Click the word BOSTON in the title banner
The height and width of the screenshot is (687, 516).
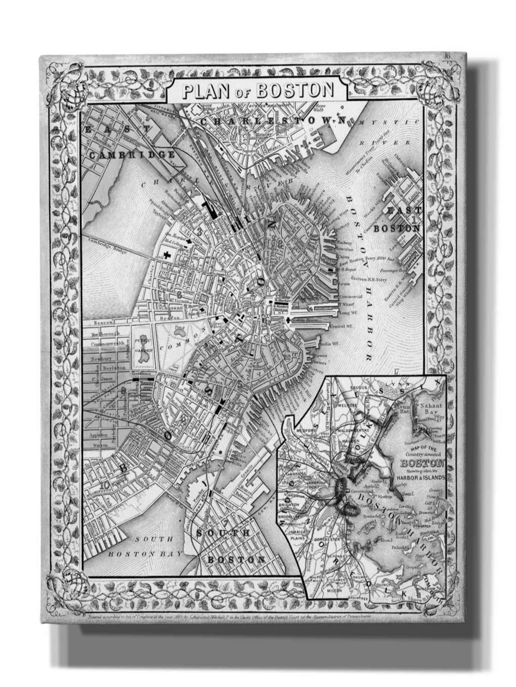coord(296,90)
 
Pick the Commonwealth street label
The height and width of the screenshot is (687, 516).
coord(107,344)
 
